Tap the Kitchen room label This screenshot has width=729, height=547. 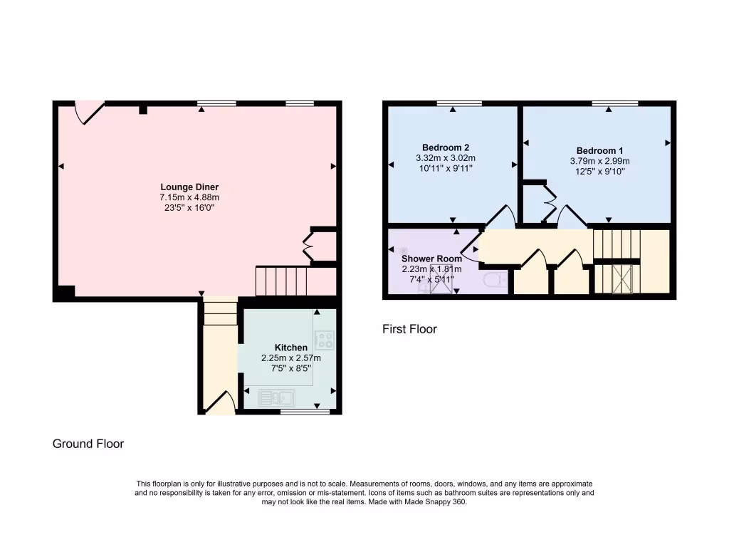291,348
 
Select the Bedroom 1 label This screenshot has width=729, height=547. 599,150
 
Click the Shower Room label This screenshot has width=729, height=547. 431,259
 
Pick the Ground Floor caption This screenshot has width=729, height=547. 88,444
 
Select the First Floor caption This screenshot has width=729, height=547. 409,329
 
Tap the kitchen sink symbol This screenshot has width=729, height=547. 278,397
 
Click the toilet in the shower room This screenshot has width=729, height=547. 495,281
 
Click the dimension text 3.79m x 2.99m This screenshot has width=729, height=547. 599,161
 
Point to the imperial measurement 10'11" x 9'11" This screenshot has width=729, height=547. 445,168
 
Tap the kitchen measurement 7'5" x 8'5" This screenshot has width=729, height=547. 291,368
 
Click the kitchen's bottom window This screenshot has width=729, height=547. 305,412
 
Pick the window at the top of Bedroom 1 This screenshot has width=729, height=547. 614,104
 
